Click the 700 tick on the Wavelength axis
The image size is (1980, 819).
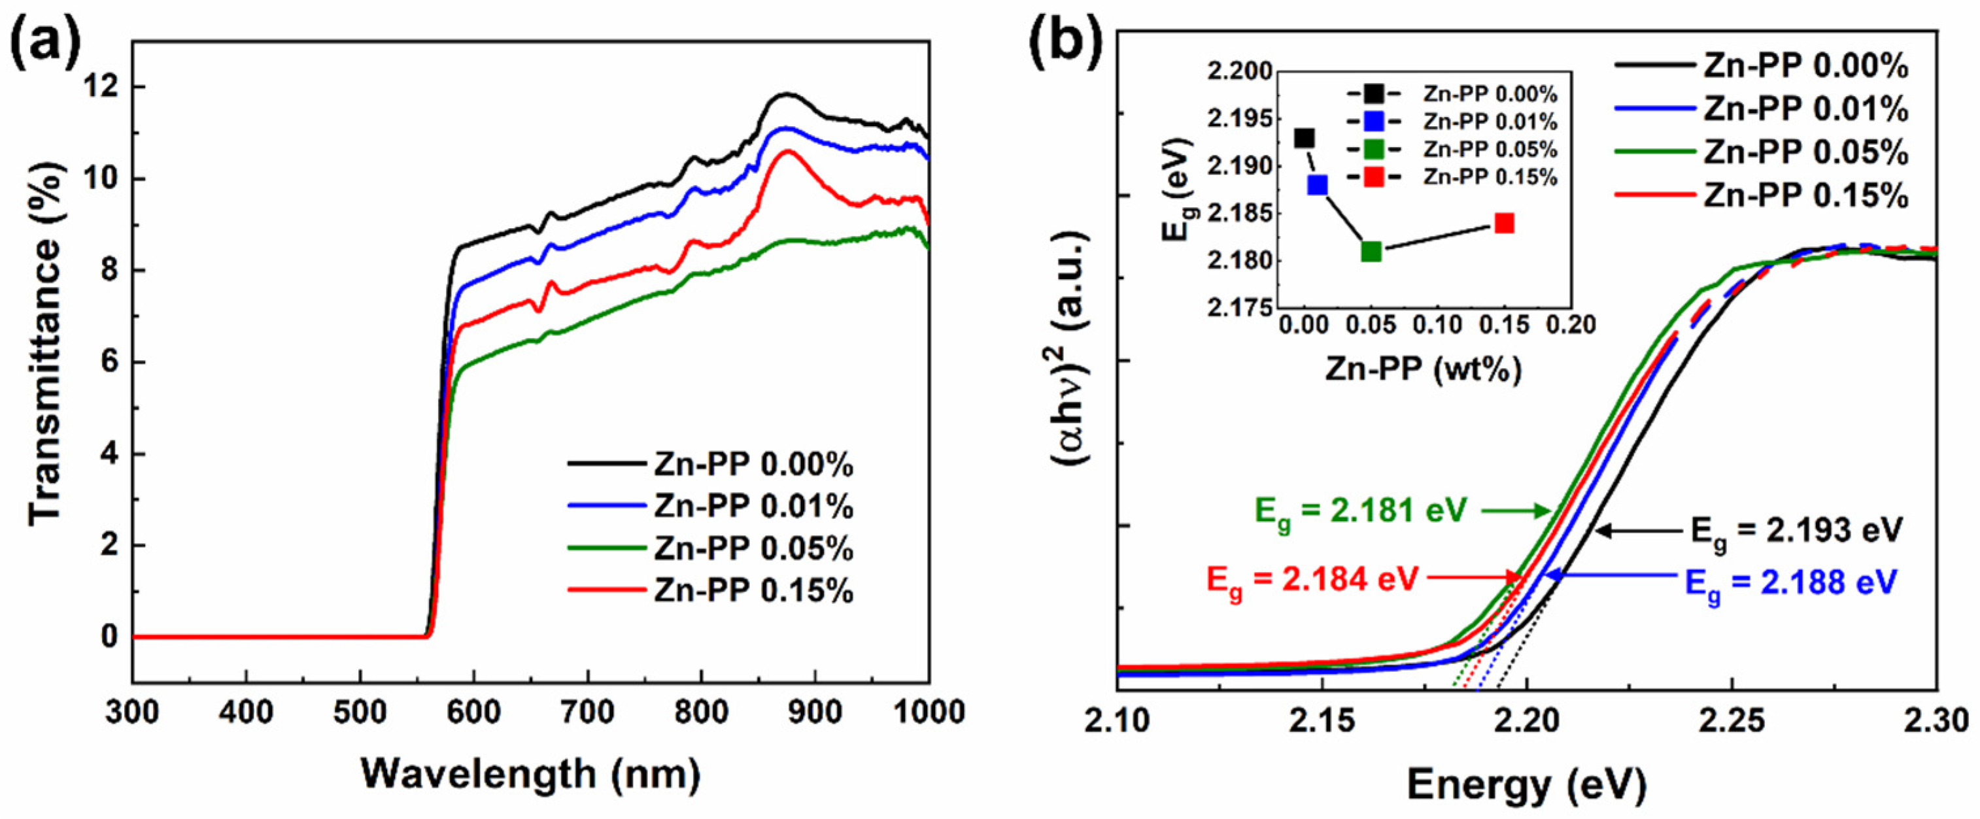point(588,712)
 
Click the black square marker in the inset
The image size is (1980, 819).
point(1305,139)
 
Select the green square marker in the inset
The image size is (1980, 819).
point(1371,251)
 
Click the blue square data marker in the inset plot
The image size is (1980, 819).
point(1318,185)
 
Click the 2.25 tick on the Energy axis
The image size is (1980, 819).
point(1731,721)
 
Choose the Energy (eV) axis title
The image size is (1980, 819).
point(1526,785)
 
